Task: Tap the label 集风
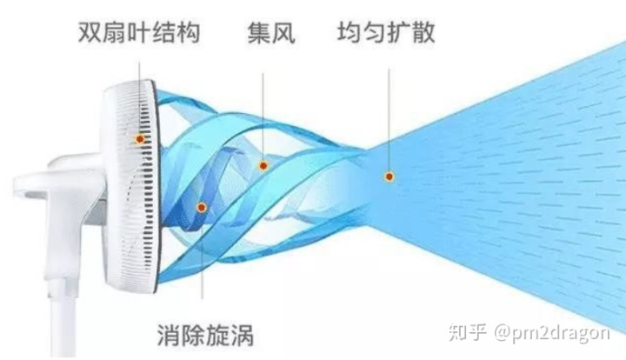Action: pos(270,35)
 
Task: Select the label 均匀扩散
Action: pos(386,35)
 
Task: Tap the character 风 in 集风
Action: pos(283,35)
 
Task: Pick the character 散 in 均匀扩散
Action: pos(423,35)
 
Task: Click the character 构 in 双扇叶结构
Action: pos(189,35)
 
